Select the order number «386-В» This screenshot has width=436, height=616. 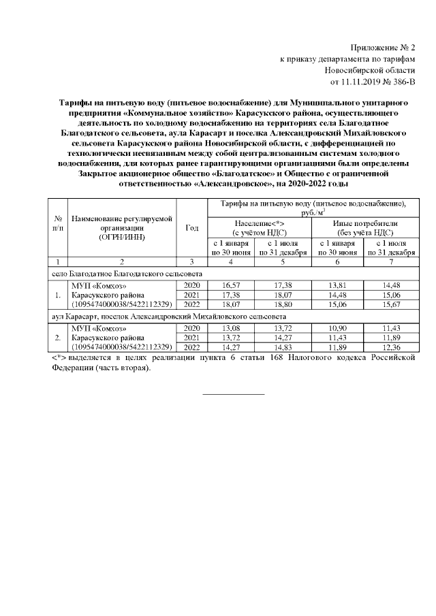click(399, 82)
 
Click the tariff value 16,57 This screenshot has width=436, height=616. click(233, 283)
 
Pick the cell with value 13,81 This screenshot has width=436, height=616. click(337, 283)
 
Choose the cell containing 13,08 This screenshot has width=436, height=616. click(233, 328)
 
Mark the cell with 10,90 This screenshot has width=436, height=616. click(337, 328)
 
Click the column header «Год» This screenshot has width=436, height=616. click(192, 227)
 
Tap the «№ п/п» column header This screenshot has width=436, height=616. click(58, 223)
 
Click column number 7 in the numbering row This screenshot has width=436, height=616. click(390, 261)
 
